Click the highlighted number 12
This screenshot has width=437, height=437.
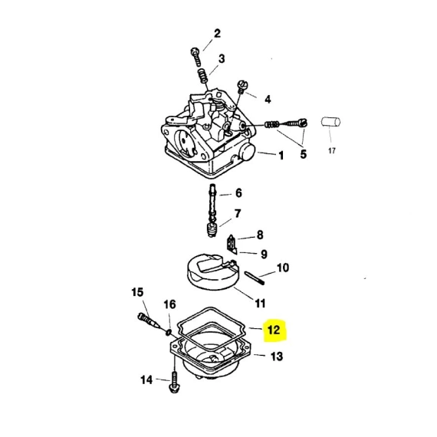click(274, 330)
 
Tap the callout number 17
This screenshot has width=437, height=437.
click(332, 151)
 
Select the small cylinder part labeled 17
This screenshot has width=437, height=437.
click(330, 122)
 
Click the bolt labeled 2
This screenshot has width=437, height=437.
click(196, 57)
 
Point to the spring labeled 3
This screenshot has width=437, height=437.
click(202, 76)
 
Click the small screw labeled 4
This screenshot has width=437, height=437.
click(242, 87)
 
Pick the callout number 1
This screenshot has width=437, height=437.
click(281, 156)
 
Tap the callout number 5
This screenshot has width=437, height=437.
click(304, 154)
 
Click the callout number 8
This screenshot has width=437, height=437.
click(260, 235)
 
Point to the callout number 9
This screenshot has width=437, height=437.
click(264, 255)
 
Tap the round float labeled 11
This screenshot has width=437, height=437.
click(212, 272)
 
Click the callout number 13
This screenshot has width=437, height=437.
click(277, 356)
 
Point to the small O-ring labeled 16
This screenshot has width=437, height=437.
click(168, 332)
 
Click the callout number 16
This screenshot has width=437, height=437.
click(169, 304)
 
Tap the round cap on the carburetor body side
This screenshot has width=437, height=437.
click(247, 153)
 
